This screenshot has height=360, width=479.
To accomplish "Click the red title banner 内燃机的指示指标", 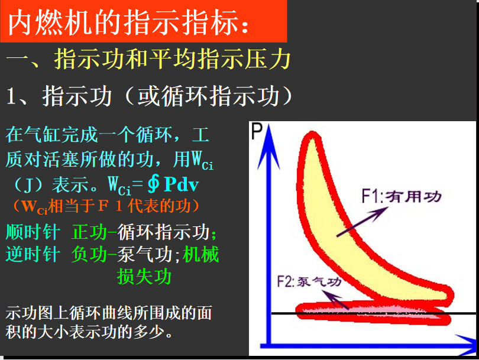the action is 144,21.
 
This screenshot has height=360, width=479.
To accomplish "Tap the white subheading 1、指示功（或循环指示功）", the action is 150,96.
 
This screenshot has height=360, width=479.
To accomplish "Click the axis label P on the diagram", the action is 257,131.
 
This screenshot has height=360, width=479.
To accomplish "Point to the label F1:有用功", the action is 402,196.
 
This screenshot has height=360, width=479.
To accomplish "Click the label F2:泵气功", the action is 309,281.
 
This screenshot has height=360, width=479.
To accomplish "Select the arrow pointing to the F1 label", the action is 363,221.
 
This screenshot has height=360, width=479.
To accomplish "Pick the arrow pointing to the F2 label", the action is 335,300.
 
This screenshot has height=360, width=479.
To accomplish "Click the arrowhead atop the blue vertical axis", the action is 268,147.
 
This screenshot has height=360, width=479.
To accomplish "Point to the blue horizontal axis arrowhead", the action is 466,345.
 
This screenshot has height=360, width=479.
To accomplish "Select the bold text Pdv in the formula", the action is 182,184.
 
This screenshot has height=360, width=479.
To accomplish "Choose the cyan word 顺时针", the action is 33,232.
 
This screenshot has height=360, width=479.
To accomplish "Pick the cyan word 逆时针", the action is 33,254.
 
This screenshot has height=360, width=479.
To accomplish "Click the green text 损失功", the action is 144,276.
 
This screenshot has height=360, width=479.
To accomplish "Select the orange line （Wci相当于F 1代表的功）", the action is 105,206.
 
